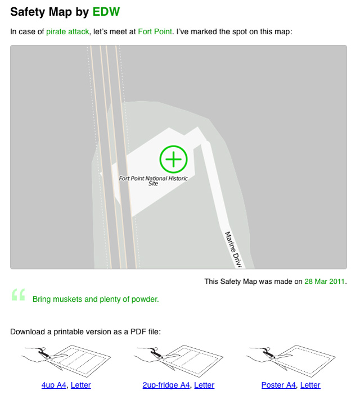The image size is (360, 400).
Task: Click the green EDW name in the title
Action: (x=106, y=12)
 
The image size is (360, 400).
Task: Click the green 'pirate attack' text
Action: (x=67, y=32)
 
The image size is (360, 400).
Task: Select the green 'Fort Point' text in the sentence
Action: (x=155, y=32)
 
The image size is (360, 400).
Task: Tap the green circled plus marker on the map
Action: (x=173, y=159)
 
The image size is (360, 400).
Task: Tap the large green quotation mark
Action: (x=19, y=296)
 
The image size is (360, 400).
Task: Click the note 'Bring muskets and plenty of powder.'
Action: (x=96, y=299)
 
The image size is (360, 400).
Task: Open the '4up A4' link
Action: (x=53, y=385)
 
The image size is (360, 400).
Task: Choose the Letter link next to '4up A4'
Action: (x=80, y=385)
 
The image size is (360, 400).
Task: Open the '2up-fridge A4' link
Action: (x=166, y=385)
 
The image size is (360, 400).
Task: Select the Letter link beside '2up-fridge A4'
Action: (x=204, y=385)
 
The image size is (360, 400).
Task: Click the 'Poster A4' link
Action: (x=278, y=385)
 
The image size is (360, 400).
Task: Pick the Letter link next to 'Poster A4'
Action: (x=310, y=385)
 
